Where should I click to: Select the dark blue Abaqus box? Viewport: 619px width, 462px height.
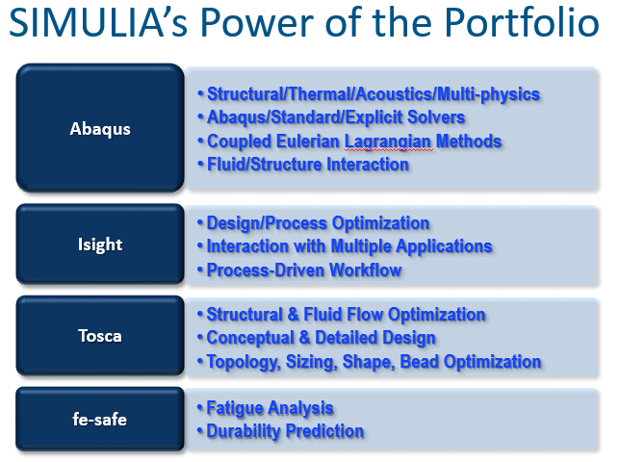click(100, 128)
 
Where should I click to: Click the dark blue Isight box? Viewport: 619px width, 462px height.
click(100, 244)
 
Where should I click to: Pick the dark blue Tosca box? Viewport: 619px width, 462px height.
click(100, 336)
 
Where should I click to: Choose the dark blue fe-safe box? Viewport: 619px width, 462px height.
click(100, 419)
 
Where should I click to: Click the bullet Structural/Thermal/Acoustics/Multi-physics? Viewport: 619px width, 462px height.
click(369, 94)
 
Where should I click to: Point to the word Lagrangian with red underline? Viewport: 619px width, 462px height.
click(389, 142)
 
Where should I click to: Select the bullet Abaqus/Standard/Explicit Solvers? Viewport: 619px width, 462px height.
click(331, 117)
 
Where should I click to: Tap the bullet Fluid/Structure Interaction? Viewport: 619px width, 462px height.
click(303, 165)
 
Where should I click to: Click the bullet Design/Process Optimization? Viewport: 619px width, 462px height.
click(314, 223)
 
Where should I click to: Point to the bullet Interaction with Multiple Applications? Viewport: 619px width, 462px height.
click(345, 246)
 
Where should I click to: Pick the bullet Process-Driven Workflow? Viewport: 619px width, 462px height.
click(299, 270)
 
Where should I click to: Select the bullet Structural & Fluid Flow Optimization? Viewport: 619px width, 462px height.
click(342, 315)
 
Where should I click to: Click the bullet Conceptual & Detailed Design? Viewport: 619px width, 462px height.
click(317, 338)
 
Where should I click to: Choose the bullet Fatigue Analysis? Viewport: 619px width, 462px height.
click(266, 408)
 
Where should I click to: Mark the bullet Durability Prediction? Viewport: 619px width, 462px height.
click(281, 431)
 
